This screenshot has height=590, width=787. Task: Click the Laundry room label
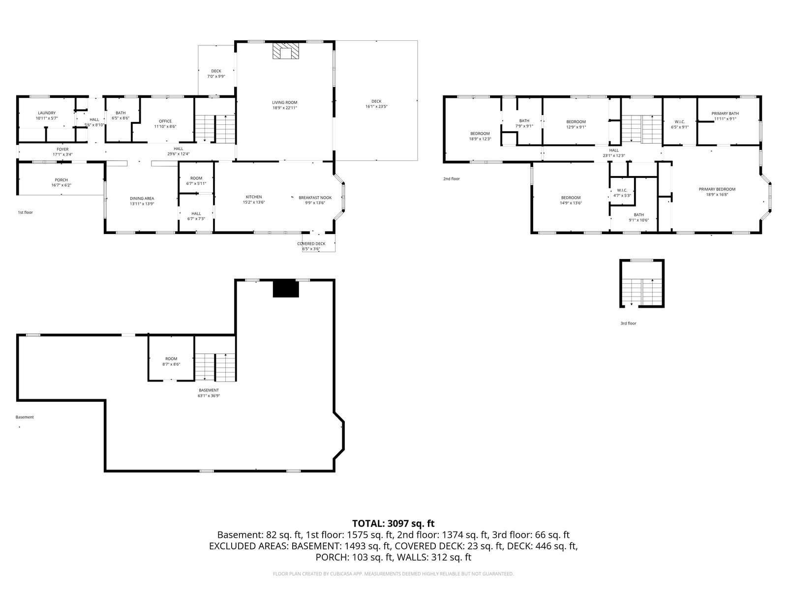47,113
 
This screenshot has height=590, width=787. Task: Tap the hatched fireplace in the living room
285,51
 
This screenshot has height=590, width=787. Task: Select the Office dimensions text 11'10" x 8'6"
165,126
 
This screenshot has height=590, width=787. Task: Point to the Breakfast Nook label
315,197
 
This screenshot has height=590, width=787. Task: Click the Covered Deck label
311,243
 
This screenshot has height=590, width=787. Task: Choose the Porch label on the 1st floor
61,180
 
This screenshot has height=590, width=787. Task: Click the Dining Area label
142,198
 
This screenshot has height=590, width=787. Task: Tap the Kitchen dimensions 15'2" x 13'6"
254,203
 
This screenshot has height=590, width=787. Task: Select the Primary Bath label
725,114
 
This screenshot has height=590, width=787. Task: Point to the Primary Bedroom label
717,189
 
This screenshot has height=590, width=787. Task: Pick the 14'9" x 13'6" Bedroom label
571,200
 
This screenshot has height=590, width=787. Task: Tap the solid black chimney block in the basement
286,289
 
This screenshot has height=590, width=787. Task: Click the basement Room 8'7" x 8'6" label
171,361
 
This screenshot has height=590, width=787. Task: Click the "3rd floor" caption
629,323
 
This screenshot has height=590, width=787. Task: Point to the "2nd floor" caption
452,178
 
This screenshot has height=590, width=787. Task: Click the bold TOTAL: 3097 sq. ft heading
393,523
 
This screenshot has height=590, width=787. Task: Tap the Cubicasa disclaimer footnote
393,573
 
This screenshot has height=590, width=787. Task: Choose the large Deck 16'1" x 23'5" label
376,104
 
